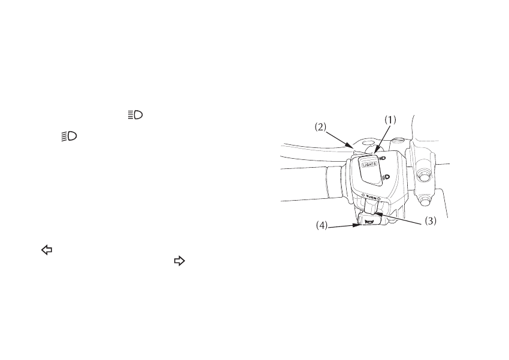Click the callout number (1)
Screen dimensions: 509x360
coord(390,120)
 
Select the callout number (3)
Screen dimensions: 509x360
coord(431,220)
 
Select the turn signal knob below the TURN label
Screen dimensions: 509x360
coord(369,207)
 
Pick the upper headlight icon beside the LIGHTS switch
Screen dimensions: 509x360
coord(380,157)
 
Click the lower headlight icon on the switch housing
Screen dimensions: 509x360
coord(386,177)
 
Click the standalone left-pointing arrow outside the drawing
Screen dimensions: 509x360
coord(44,252)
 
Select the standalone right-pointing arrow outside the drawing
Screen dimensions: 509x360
coord(178,261)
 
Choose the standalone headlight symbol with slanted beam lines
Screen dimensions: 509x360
coord(69,137)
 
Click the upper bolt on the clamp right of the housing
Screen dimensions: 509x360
coord(425,176)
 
